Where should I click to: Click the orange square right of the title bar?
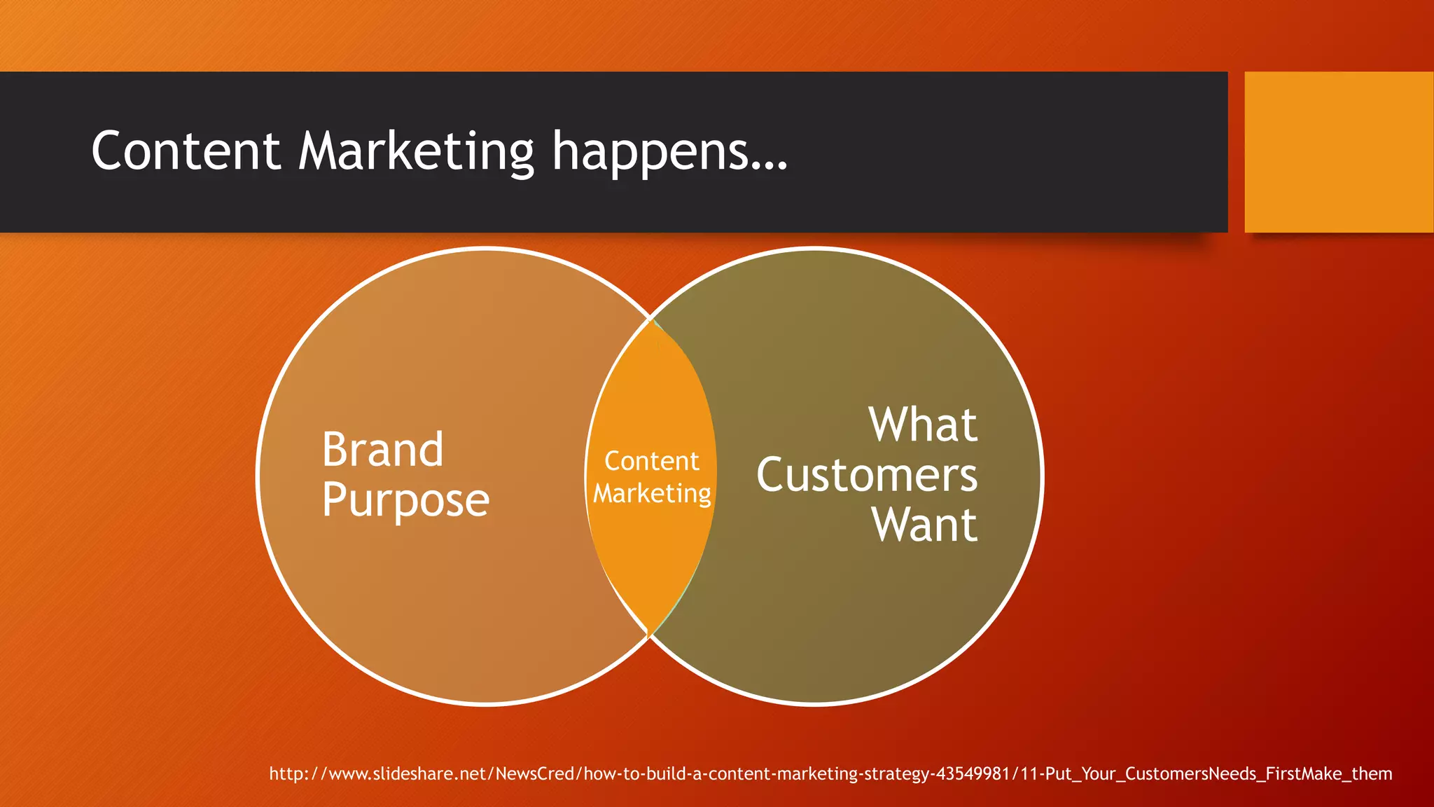[x=1338, y=152]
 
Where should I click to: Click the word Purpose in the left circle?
[x=405, y=500]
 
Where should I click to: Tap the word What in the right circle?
[x=922, y=425]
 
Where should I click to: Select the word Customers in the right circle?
[x=866, y=476]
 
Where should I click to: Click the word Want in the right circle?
[x=924, y=525]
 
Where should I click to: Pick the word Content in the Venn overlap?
[x=651, y=461]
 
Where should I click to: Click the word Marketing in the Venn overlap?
[x=652, y=493]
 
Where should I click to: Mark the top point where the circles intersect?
[x=650, y=319]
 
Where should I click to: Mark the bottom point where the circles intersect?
[x=650, y=635]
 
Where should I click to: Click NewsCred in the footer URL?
[x=535, y=773]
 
